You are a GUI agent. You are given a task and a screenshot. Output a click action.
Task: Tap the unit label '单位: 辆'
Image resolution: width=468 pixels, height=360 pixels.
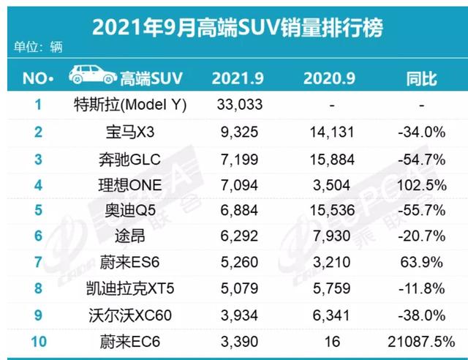point(39,48)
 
